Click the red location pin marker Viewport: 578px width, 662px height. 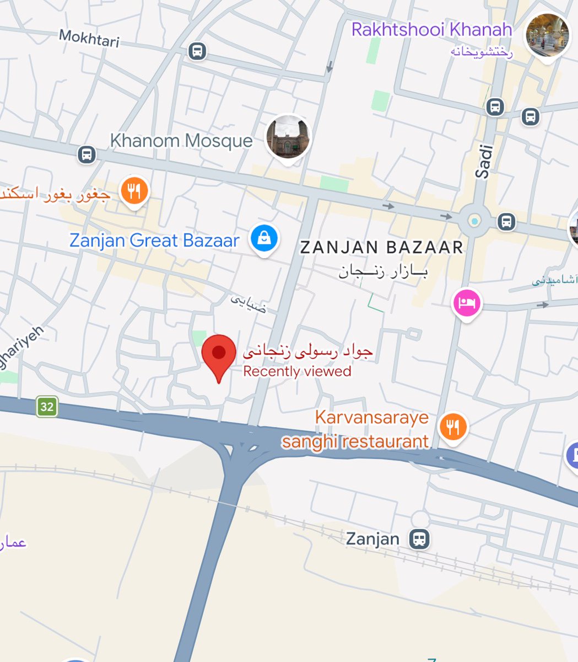(x=219, y=354)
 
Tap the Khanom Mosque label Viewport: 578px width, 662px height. (x=181, y=141)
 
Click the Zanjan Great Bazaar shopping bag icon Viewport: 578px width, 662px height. (x=264, y=239)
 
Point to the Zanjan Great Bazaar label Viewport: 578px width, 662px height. (x=154, y=241)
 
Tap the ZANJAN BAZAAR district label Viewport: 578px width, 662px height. (x=381, y=247)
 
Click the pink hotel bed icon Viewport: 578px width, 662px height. (x=467, y=303)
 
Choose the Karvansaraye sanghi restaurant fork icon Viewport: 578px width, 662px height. (x=453, y=426)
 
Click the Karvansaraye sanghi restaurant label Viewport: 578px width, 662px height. (x=364, y=429)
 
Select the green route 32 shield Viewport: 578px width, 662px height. (x=47, y=407)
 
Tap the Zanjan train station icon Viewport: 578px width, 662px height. (x=419, y=538)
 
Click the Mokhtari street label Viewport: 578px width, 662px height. (x=89, y=38)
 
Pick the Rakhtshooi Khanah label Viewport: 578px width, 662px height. (x=432, y=29)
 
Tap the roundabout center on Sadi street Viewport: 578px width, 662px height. (x=474, y=221)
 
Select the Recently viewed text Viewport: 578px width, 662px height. (x=297, y=371)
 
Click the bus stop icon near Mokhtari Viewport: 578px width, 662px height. (x=197, y=51)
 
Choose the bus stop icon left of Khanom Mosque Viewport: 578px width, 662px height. (x=87, y=154)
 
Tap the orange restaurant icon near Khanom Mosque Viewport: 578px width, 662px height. (x=134, y=191)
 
